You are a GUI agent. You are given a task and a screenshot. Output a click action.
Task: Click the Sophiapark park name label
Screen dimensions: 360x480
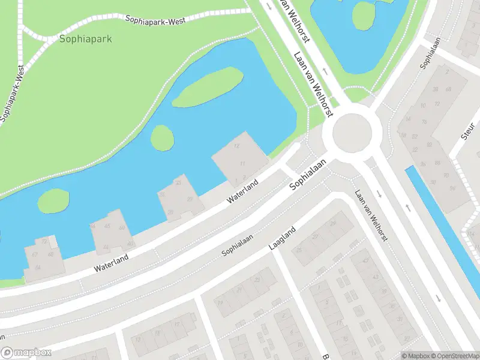pyautogui.click(x=85, y=39)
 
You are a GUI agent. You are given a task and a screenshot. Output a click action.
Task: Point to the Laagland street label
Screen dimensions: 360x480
pyautogui.click(x=282, y=238)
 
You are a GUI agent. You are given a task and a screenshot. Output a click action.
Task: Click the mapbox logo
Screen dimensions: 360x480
pyautogui.click(x=26, y=353)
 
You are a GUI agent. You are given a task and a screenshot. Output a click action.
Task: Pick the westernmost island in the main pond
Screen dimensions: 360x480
pyautogui.click(x=53, y=200)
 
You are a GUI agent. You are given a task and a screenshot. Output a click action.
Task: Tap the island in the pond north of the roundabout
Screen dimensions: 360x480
pyautogui.click(x=364, y=15)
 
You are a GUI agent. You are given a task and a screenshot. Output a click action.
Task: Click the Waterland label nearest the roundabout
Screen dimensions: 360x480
pyautogui.click(x=242, y=191)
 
